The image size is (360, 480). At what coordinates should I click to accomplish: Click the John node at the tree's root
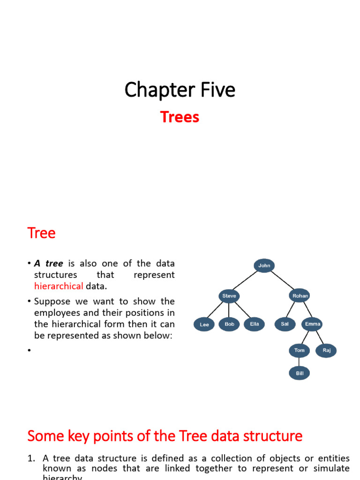(x=264, y=266)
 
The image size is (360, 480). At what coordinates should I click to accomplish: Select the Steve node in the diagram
(x=229, y=296)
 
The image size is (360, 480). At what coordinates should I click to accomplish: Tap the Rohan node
(x=300, y=296)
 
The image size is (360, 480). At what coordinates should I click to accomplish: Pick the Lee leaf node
(x=204, y=324)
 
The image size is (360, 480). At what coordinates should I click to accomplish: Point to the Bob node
(x=229, y=324)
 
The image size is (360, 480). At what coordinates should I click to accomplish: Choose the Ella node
(x=255, y=324)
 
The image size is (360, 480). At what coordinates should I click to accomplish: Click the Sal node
(x=285, y=324)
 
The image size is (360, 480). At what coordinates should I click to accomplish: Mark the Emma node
(x=313, y=324)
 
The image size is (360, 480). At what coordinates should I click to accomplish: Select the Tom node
(x=299, y=351)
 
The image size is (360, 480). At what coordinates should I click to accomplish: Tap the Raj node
(x=326, y=351)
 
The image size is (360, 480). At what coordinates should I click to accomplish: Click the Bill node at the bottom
(x=299, y=374)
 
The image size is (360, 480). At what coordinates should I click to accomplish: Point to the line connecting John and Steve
(x=247, y=281)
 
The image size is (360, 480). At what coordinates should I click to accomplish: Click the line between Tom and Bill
(x=299, y=362)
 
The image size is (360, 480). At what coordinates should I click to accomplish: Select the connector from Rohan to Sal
(x=292, y=310)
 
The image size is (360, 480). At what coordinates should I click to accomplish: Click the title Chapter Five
(x=180, y=90)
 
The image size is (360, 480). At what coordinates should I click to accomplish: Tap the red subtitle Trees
(x=180, y=117)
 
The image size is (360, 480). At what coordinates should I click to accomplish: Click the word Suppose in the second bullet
(x=52, y=301)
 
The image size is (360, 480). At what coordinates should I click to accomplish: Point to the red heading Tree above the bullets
(x=41, y=233)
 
